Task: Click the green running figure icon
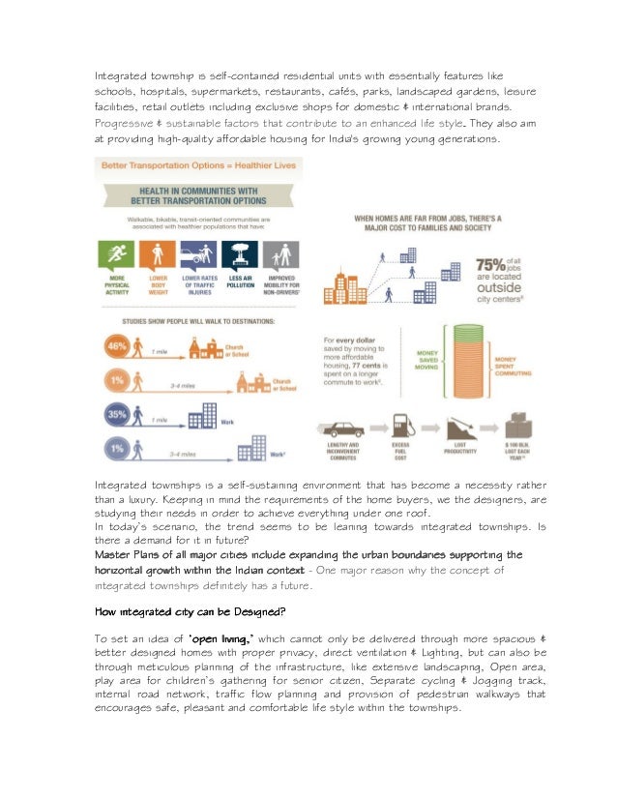click(x=117, y=257)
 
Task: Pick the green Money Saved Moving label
click(x=426, y=359)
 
